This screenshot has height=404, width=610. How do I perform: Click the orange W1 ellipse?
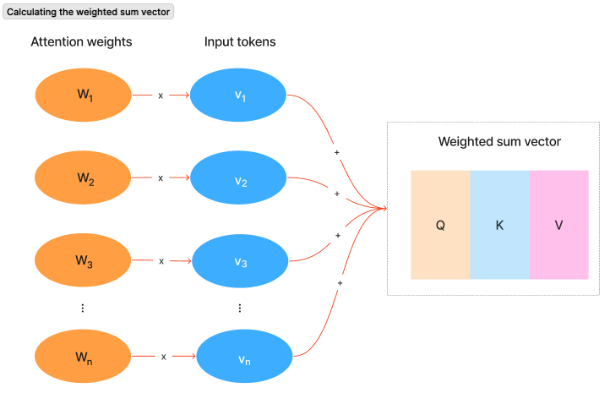[x=83, y=95]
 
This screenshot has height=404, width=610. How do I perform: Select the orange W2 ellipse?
[x=83, y=177]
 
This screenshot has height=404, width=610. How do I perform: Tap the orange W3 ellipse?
[x=83, y=260]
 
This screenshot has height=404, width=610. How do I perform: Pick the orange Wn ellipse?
[x=83, y=357]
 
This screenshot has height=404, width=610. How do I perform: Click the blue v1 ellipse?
[x=239, y=95]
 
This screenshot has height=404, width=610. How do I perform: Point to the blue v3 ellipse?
[x=240, y=261]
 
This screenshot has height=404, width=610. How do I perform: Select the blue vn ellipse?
[x=243, y=358]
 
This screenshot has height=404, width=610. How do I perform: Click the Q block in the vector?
[x=440, y=225]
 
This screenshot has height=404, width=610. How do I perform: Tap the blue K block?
[x=499, y=225]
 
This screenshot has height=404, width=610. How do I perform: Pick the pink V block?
[x=558, y=225]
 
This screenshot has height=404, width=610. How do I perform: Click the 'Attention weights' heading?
[x=81, y=42]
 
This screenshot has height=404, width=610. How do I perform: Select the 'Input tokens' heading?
[x=240, y=42]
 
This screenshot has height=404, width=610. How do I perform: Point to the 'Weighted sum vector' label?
[x=499, y=141]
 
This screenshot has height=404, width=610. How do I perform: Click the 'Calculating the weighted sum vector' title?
[x=89, y=12]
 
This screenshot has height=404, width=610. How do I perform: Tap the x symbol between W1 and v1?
[x=161, y=96]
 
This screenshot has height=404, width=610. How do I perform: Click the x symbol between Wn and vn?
[x=164, y=357]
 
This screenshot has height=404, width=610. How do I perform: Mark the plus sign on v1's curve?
[x=337, y=152]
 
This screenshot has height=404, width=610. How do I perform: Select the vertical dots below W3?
[x=82, y=308]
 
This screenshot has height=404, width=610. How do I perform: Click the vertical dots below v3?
[x=240, y=308]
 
